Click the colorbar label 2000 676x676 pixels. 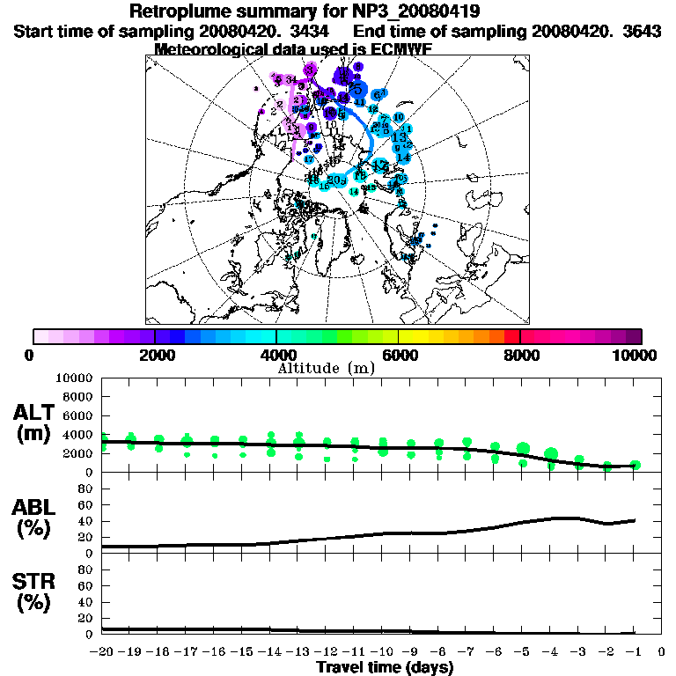click(x=155, y=356)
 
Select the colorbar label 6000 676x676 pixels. click(x=398, y=356)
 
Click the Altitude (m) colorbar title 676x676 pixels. click(x=326, y=368)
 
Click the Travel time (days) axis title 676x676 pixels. click(x=385, y=668)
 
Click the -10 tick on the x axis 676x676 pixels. click(x=382, y=652)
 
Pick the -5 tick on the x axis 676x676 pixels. click(x=522, y=652)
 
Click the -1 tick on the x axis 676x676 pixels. click(x=634, y=652)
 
